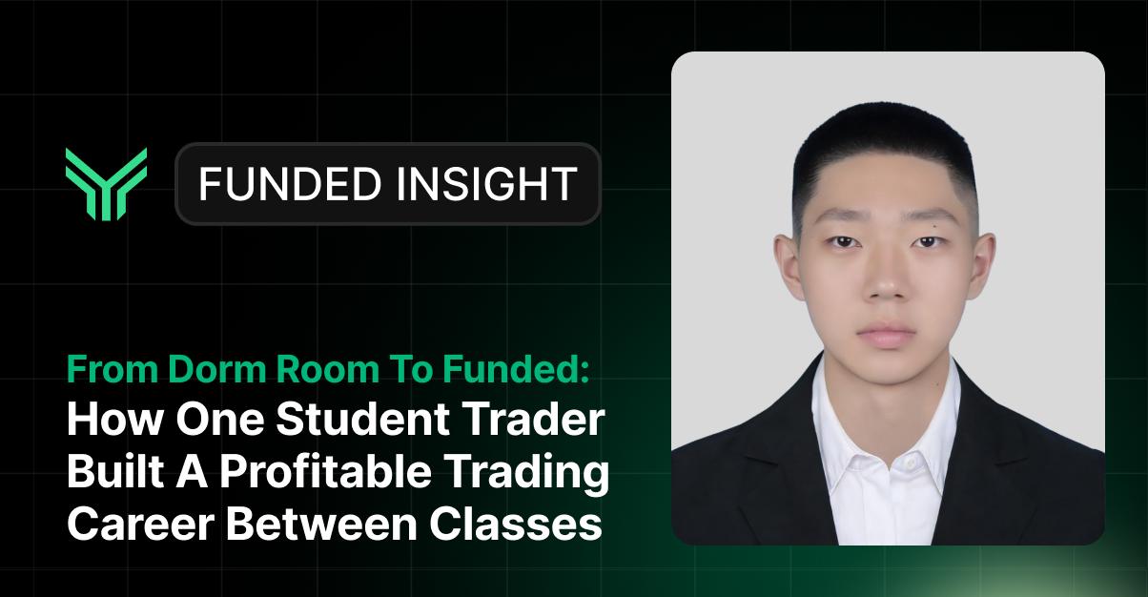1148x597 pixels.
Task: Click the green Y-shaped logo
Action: click(x=106, y=184)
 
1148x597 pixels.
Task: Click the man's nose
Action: click(x=886, y=281)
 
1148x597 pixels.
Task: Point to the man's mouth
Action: click(x=886, y=336)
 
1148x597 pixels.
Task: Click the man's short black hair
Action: click(x=886, y=143)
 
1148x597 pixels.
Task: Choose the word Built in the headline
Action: click(x=113, y=474)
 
